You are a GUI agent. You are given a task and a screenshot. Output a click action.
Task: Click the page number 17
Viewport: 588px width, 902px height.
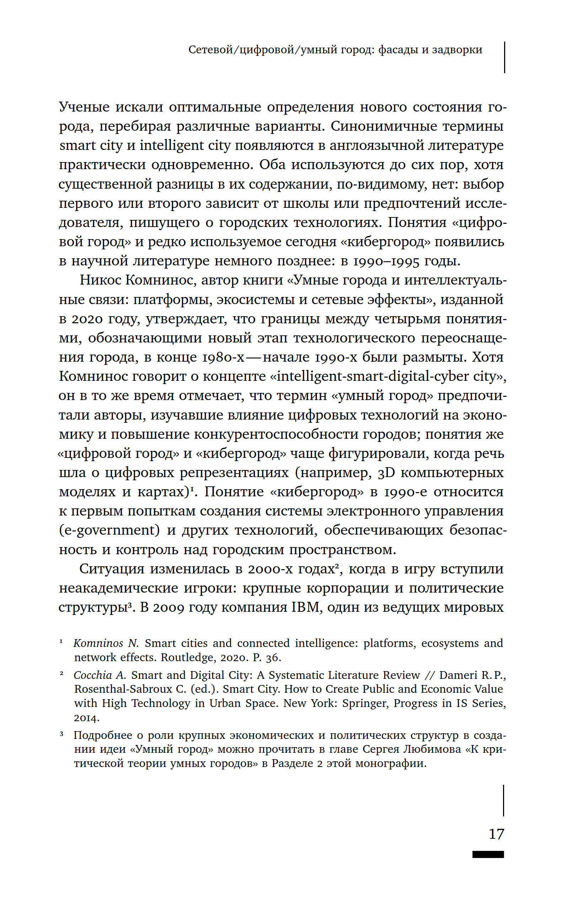point(496,833)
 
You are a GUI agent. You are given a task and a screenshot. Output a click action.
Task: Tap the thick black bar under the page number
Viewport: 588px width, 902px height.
point(488,854)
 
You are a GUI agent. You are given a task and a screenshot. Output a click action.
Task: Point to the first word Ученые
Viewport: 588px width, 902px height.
point(84,107)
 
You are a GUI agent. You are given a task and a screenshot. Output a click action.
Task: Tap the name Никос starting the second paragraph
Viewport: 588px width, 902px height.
point(100,280)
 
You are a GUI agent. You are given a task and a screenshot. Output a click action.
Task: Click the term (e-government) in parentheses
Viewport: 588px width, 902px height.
point(109,530)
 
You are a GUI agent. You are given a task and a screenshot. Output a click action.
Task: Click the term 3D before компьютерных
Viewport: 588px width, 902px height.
point(386,472)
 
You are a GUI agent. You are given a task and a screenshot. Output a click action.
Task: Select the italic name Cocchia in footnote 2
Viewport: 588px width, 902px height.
point(93,675)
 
